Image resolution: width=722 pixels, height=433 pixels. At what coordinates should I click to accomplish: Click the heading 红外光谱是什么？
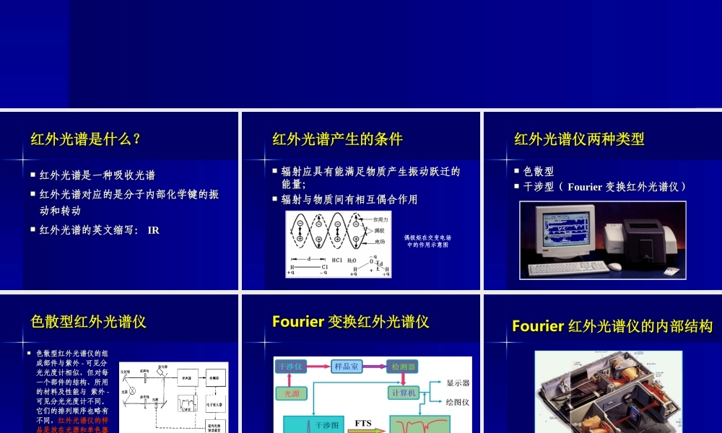click(85, 139)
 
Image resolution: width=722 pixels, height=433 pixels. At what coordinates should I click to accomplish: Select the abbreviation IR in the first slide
click(153, 230)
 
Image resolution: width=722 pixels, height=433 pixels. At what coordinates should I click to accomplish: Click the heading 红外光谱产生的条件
click(337, 139)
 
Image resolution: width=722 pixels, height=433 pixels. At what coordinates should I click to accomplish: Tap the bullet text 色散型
click(539, 172)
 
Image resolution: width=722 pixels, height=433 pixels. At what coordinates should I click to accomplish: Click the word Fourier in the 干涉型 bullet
click(586, 187)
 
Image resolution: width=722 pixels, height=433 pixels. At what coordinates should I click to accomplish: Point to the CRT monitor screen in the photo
click(566, 232)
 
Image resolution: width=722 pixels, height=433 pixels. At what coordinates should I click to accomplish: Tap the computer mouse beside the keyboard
click(614, 266)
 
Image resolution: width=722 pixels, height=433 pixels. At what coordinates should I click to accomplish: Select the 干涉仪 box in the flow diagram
click(290, 367)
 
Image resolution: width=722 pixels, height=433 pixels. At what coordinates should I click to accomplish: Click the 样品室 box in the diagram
click(347, 367)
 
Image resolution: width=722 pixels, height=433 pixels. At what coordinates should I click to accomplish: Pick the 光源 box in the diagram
click(290, 393)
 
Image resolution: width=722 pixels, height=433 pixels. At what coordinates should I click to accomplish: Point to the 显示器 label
click(458, 382)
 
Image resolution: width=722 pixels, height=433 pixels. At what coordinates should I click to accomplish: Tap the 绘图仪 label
click(458, 402)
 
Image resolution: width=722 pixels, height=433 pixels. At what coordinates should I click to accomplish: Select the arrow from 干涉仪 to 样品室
click(318, 367)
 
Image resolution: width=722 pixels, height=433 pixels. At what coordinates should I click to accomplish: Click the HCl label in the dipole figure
click(336, 260)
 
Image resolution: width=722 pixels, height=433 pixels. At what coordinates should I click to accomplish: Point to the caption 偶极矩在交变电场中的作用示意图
click(427, 240)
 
